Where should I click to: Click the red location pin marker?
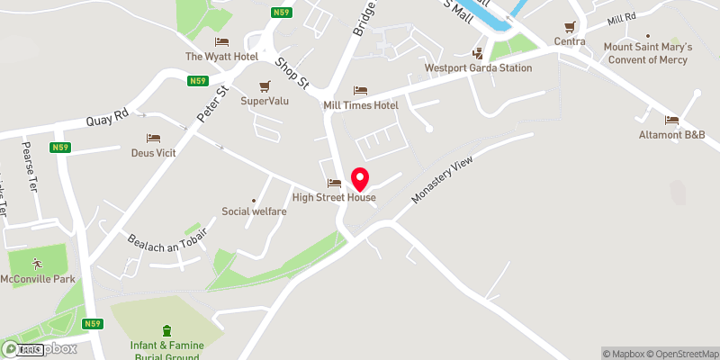[360, 177]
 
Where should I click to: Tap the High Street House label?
[334, 198]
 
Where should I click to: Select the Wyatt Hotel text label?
[221, 57]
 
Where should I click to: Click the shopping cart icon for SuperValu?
[265, 86]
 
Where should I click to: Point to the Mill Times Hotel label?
[360, 105]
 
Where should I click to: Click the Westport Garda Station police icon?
[477, 52]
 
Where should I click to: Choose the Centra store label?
[570, 41]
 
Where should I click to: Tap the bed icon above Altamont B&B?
[671, 120]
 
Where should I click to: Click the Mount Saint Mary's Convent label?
[646, 53]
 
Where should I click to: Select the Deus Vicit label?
[153, 153]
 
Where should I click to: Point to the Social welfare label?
[254, 211]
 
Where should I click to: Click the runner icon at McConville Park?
[37, 264]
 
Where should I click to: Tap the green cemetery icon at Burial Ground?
[166, 331]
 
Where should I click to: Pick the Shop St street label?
[292, 73]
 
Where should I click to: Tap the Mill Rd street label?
[621, 19]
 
